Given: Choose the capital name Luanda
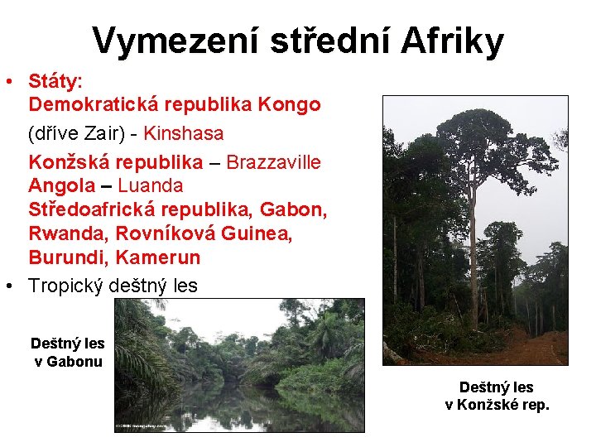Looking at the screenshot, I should (x=151, y=185).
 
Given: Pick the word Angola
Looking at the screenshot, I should (x=62, y=185).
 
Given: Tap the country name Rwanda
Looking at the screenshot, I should (x=68, y=233).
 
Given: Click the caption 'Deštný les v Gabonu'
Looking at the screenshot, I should (x=67, y=352).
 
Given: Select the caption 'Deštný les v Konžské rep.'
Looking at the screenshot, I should (x=497, y=396).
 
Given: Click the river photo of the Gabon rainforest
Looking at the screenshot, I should (x=239, y=365).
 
